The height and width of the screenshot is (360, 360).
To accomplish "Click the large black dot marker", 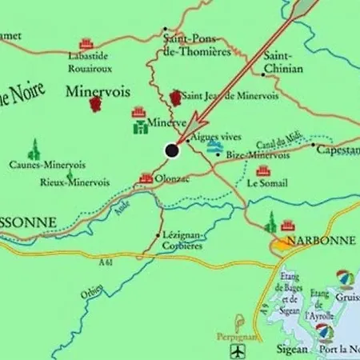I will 171,150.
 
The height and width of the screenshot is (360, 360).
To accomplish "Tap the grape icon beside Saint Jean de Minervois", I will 175,97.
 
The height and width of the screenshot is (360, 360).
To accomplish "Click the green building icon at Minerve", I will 138,126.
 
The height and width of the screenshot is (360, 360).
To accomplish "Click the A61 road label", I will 105,261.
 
